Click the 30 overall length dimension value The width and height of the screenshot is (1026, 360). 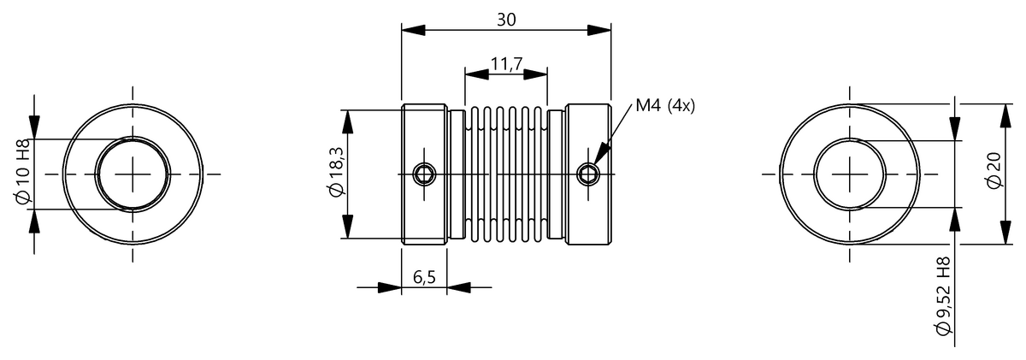(x=506, y=20)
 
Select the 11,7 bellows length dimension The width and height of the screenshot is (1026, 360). (x=506, y=64)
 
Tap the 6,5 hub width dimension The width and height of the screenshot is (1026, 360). (x=424, y=277)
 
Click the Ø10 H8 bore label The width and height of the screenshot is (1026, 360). (x=22, y=171)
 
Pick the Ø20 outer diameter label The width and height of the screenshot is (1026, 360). (x=994, y=170)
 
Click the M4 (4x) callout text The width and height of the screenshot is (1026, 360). (x=665, y=106)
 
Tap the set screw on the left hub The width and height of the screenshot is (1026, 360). (x=424, y=174)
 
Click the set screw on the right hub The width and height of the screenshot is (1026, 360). (x=588, y=174)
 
